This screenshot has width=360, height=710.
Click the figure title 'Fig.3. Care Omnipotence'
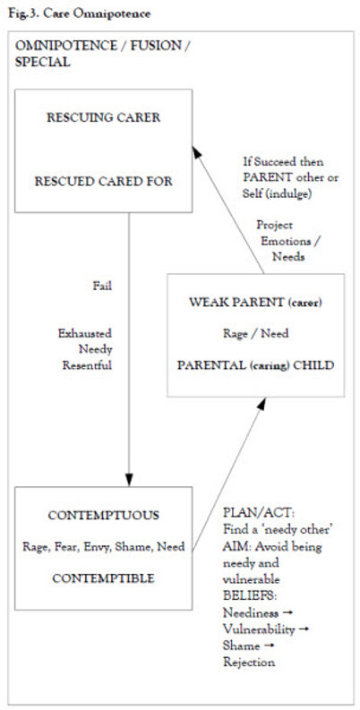[79, 13]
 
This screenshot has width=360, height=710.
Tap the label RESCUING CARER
[103, 117]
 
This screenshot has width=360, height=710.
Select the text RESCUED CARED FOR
[103, 182]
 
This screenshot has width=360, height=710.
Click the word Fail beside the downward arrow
[102, 287]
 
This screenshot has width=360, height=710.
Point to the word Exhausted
[85, 334]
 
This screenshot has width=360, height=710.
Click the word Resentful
[87, 365]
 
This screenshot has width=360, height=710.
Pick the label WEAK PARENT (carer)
[255, 303]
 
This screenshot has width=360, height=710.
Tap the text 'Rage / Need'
[255, 334]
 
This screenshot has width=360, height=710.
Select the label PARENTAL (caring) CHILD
[255, 365]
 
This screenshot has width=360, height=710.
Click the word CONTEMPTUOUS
[103, 516]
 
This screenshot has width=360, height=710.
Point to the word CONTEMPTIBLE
[103, 578]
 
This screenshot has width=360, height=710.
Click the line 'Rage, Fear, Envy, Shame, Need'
[103, 547]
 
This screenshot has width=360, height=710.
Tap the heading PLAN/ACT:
[259, 513]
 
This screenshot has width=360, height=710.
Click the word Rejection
[249, 663]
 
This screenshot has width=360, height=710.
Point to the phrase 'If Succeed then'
[283, 162]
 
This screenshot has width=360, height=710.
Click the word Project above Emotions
[274, 225]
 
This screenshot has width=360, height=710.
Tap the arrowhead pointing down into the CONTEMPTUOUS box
[129, 480]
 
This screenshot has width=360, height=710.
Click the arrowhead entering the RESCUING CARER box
[196, 151]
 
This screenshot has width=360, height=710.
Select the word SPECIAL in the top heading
[42, 62]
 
